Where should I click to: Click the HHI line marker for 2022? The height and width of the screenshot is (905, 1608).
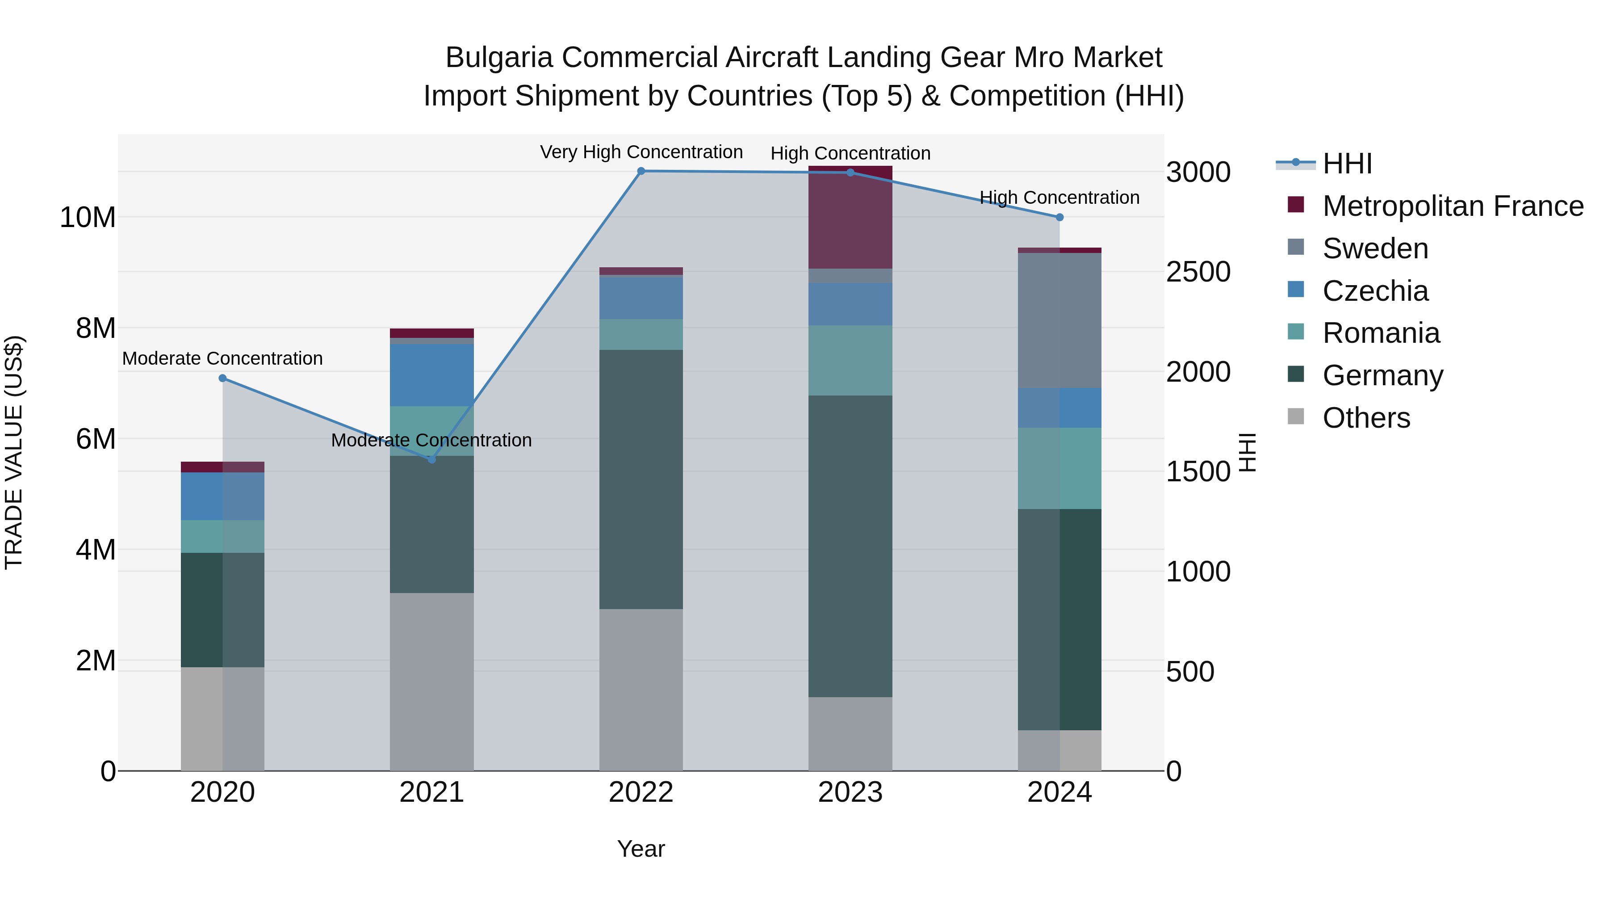641,171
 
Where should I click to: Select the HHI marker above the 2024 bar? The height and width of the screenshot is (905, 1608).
1059,217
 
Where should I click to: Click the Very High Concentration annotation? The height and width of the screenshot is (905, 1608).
641,152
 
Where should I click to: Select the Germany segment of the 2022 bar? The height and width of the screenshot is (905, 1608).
641,479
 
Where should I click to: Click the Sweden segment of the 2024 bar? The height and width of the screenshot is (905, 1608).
1059,320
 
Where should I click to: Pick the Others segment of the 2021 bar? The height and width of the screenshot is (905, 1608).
431,682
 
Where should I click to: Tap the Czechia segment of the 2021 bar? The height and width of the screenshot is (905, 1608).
431,375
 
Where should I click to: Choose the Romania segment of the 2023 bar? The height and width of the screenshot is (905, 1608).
850,360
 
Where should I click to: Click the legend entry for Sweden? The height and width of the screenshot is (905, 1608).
1375,248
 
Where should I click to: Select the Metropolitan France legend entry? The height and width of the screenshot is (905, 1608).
1453,206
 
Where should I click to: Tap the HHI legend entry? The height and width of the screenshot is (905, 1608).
1347,164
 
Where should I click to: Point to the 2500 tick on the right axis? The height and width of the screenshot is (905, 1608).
1198,272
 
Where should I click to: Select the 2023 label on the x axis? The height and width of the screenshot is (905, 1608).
850,792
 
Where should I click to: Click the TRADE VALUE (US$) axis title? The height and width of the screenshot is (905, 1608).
14,452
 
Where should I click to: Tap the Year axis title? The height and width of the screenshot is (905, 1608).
641,849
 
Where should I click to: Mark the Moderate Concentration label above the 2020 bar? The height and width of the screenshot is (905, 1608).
222,358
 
